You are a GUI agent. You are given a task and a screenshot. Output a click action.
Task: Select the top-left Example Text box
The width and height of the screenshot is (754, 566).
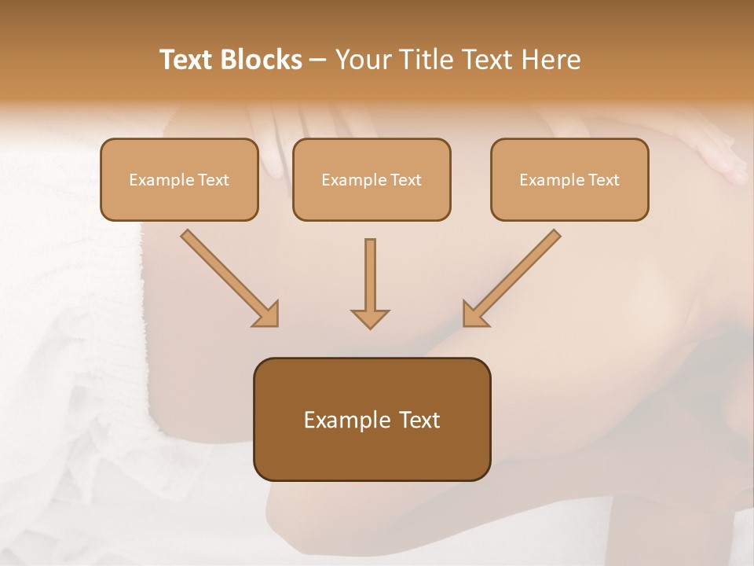(x=179, y=179)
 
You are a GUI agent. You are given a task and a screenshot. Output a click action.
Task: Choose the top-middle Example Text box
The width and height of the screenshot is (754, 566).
(x=372, y=179)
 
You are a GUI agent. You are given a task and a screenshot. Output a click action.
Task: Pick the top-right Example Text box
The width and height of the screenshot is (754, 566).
(x=569, y=179)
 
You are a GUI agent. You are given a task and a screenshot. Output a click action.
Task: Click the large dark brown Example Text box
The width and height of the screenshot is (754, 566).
(x=372, y=419)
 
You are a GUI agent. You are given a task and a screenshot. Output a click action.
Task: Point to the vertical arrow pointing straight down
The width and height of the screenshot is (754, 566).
(x=370, y=279)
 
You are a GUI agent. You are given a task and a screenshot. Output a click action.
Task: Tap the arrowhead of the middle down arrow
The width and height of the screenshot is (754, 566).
(x=370, y=318)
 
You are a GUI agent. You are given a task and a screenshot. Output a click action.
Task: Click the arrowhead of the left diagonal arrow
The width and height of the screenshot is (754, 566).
(x=267, y=314)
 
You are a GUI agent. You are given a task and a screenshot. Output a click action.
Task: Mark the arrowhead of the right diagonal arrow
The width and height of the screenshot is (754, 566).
(x=474, y=314)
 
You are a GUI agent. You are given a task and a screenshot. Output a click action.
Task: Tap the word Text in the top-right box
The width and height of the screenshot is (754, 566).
(x=603, y=180)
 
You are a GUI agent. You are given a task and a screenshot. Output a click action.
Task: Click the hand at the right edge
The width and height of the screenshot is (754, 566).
(x=719, y=153)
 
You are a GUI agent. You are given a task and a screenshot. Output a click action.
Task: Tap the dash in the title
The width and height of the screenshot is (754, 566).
(x=318, y=61)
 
